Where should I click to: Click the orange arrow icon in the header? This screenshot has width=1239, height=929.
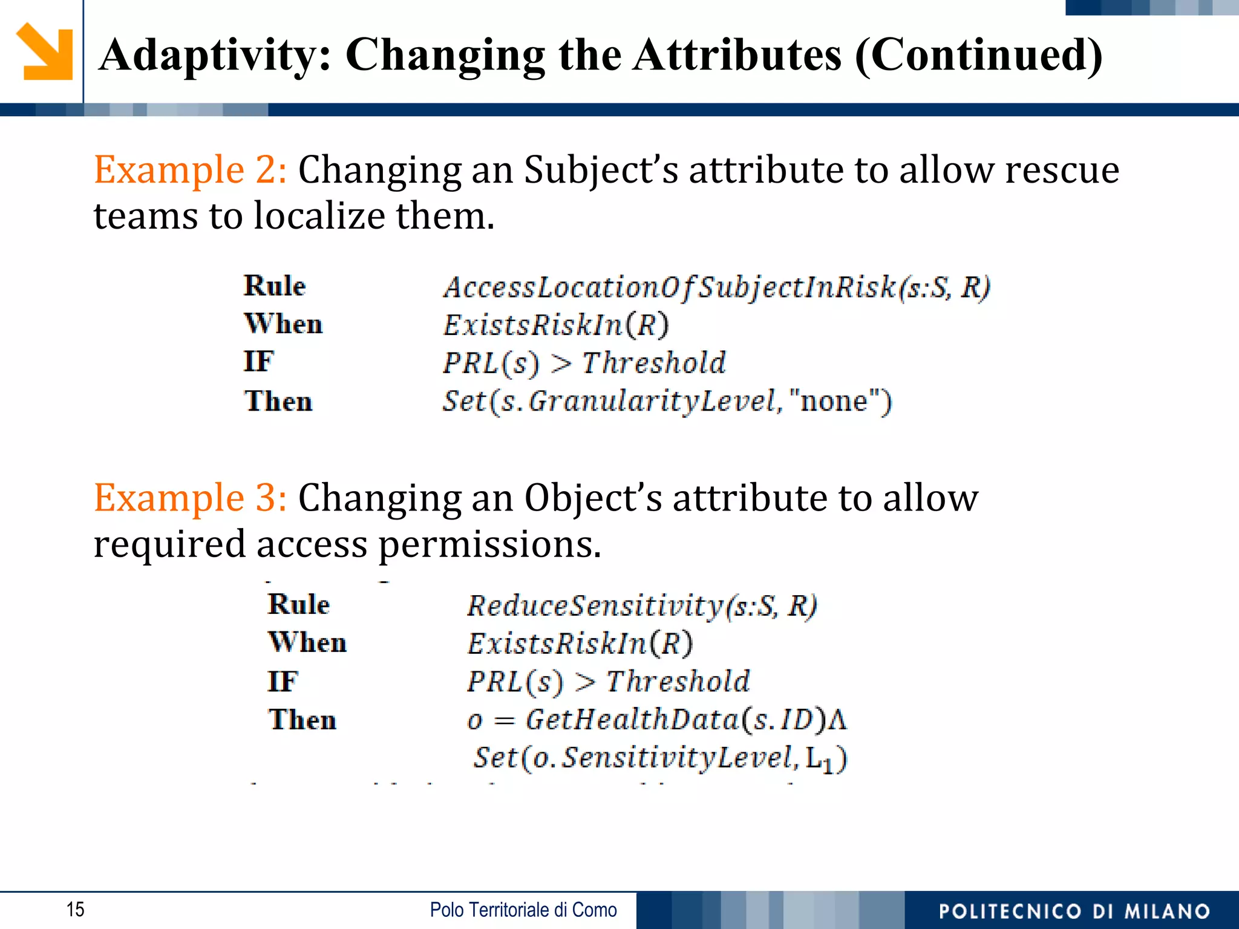pos(45,52)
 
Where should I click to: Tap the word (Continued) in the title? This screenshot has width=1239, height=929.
pos(978,56)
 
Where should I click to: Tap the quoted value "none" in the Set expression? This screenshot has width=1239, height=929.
pos(834,401)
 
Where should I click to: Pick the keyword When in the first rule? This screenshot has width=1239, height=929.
pos(283,324)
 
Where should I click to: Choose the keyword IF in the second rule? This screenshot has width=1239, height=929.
pos(283,682)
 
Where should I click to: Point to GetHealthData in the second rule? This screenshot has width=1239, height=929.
pos(632,720)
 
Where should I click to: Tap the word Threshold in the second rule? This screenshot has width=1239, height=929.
pos(678,682)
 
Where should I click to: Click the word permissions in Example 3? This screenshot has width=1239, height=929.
pos(489,544)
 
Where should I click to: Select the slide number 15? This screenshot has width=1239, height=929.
pos(75,910)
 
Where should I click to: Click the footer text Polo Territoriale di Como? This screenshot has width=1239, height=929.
pos(523,910)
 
